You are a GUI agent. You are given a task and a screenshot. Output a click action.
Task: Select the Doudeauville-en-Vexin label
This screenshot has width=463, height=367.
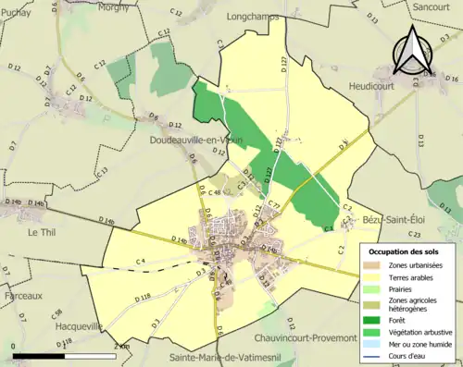tap(196, 140)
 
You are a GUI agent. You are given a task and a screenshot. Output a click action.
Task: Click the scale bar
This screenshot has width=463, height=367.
tap(66, 354)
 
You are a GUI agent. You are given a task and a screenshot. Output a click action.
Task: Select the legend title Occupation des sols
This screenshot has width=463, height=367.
tap(404, 251)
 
